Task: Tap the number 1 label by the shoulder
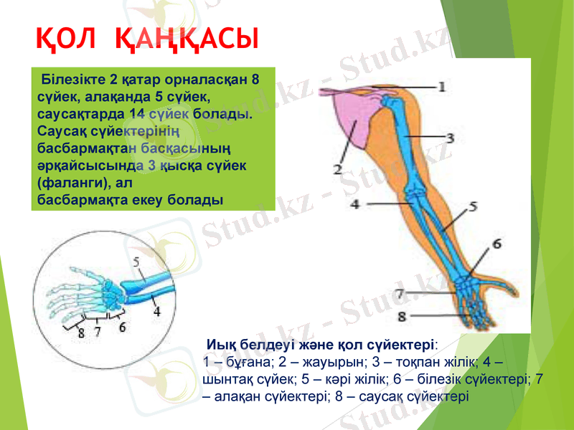point(441,87)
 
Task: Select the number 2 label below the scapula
point(337,170)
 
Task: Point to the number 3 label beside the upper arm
point(450,136)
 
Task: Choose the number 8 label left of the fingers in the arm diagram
point(401,315)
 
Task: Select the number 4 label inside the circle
point(156,312)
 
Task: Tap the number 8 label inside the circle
point(81,333)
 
